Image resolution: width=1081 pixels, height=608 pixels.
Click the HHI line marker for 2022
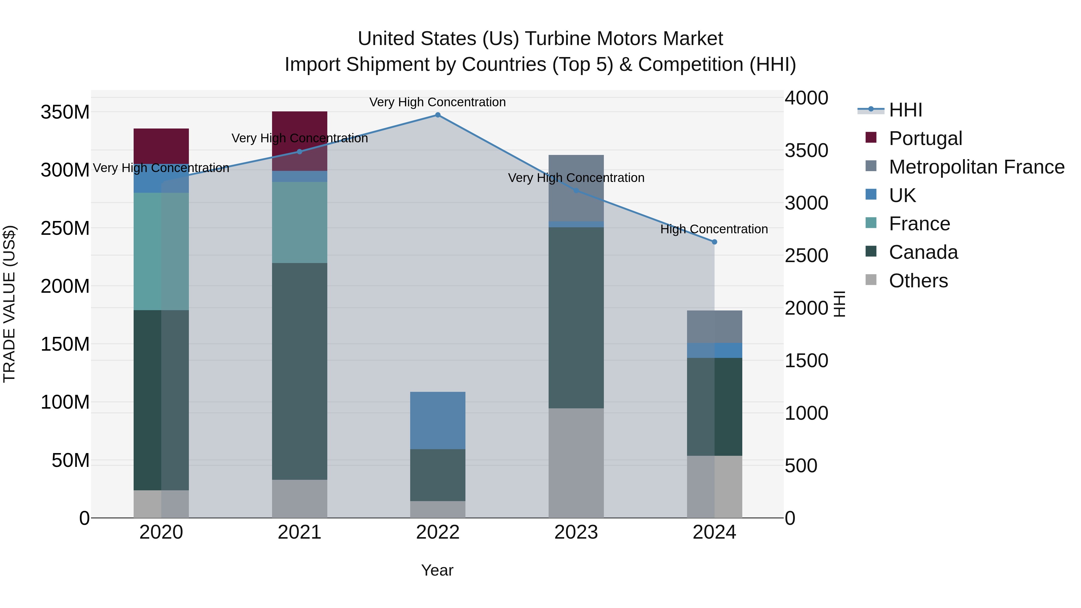click(x=438, y=115)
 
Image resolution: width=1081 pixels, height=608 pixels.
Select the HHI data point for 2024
click(x=714, y=242)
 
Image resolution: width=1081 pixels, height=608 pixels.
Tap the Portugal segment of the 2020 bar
click(x=161, y=146)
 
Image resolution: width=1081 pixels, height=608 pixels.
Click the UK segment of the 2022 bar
click(x=438, y=420)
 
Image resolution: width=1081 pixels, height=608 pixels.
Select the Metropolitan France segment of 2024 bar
click(x=714, y=327)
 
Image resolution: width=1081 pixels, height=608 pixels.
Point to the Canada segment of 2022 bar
click(x=438, y=475)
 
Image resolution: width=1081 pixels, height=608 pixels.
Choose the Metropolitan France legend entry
click(x=976, y=167)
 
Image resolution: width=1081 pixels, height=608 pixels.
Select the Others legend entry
click(x=918, y=281)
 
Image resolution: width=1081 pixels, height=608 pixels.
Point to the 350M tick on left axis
click(x=65, y=113)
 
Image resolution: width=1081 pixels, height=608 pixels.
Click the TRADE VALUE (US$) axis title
click(x=9, y=304)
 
